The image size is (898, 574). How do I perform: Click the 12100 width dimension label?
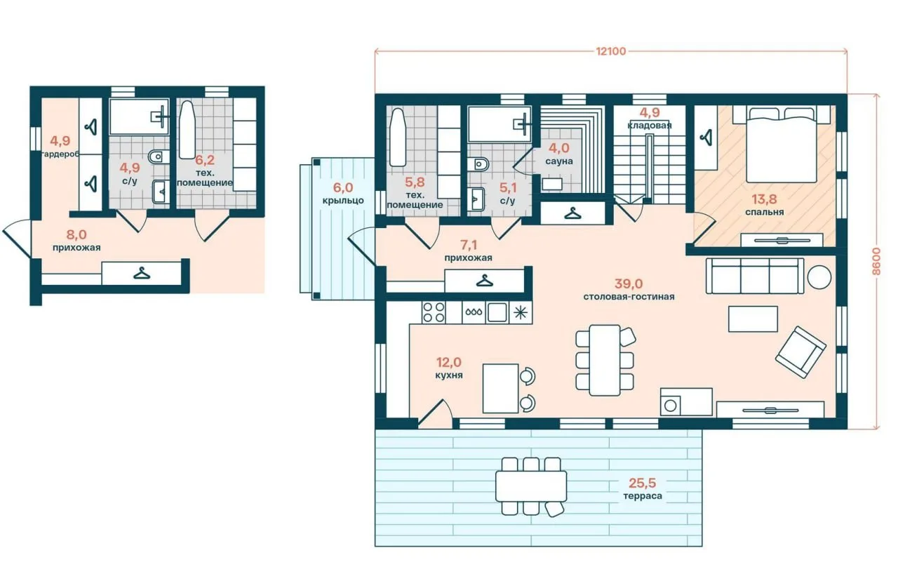pyautogui.click(x=610, y=51)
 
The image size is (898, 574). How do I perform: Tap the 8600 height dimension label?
pyautogui.click(x=876, y=261)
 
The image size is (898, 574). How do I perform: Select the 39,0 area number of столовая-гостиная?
pyautogui.click(x=629, y=283)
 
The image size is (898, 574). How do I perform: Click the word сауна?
pyautogui.click(x=559, y=161)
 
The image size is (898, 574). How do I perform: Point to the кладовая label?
pyautogui.click(x=650, y=125)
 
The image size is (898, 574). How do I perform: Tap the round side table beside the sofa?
pyautogui.click(x=819, y=277)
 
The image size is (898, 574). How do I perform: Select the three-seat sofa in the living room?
pyautogui.click(x=755, y=276)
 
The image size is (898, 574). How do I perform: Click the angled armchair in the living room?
pyautogui.click(x=800, y=352)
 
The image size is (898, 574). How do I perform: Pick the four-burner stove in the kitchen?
pyautogui.click(x=434, y=312)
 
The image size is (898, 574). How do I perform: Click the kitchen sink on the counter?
pyautogui.click(x=497, y=312)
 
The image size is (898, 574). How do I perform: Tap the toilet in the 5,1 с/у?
pyautogui.click(x=478, y=164)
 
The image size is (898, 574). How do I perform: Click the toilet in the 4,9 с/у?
pyautogui.click(x=159, y=156)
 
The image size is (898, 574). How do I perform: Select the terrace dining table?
pyautogui.click(x=531, y=486)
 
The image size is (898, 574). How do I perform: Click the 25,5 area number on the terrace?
pyautogui.click(x=642, y=483)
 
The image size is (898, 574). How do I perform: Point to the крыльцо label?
pyautogui.click(x=343, y=201)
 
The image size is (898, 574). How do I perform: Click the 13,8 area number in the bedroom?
pyautogui.click(x=764, y=199)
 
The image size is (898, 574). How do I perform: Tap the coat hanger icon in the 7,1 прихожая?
pyautogui.click(x=484, y=281)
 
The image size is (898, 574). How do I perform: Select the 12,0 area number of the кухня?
pyautogui.click(x=448, y=362)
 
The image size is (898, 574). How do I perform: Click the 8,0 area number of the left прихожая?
pyautogui.click(x=76, y=234)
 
